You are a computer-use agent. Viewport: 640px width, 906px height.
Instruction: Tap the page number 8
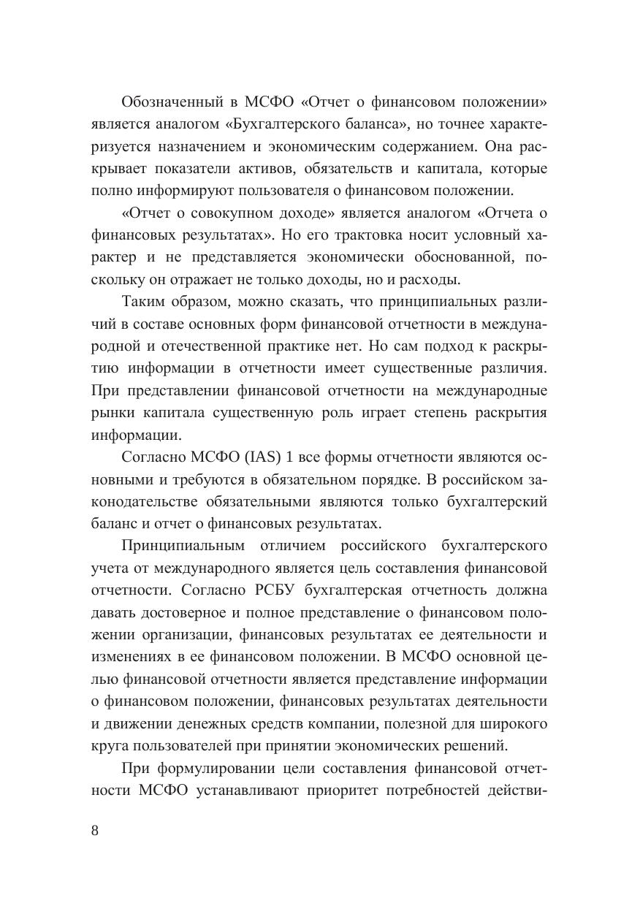[95, 831]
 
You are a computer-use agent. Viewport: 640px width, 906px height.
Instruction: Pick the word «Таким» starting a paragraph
[144, 302]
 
